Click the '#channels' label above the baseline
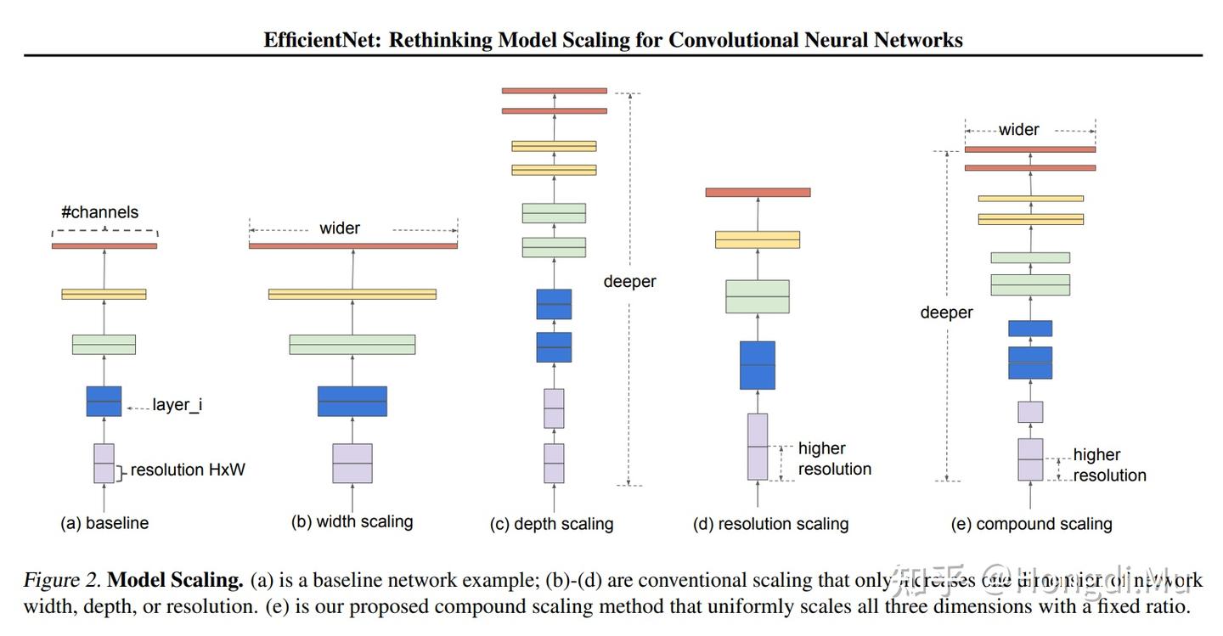(99, 212)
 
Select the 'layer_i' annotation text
(177, 405)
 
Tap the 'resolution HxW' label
(188, 470)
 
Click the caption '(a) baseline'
(104, 523)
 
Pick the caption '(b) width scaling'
(352, 521)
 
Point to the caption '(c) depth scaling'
(551, 524)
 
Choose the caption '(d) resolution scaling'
(770, 524)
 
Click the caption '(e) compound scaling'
(1031, 524)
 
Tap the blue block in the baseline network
(104, 402)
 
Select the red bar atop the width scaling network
(352, 246)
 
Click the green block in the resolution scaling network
(757, 296)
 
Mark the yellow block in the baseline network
(104, 294)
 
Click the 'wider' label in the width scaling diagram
(340, 228)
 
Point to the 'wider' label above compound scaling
(1018, 130)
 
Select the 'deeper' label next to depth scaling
(629, 281)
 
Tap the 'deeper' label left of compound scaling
(946, 312)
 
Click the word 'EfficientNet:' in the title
(323, 40)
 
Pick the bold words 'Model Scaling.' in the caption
(176, 580)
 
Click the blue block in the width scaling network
(352, 402)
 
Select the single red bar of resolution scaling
(757, 193)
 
